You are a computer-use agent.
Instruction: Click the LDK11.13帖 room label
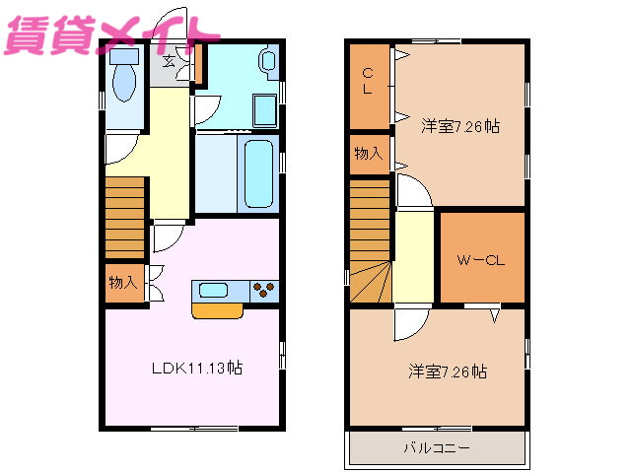pyautogui.click(x=197, y=369)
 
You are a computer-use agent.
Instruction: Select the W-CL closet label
pyautogui.click(x=481, y=261)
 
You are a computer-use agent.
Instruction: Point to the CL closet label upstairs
pyautogui.click(x=367, y=80)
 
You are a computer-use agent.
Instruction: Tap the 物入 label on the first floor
pyautogui.click(x=122, y=283)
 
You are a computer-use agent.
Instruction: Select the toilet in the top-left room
pyautogui.click(x=124, y=77)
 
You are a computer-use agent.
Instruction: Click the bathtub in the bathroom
pyautogui.click(x=258, y=172)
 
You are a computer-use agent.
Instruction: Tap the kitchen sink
pyautogui.click(x=214, y=290)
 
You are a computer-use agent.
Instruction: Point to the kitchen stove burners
pyautogui.click(x=264, y=290)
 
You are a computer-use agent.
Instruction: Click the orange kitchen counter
pyautogui.click(x=217, y=310)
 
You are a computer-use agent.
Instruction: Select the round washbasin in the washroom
pyautogui.click(x=269, y=62)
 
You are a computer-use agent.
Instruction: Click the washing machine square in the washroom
pyautogui.click(x=264, y=107)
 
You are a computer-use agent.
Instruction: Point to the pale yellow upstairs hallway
pyautogui.click(x=414, y=256)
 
